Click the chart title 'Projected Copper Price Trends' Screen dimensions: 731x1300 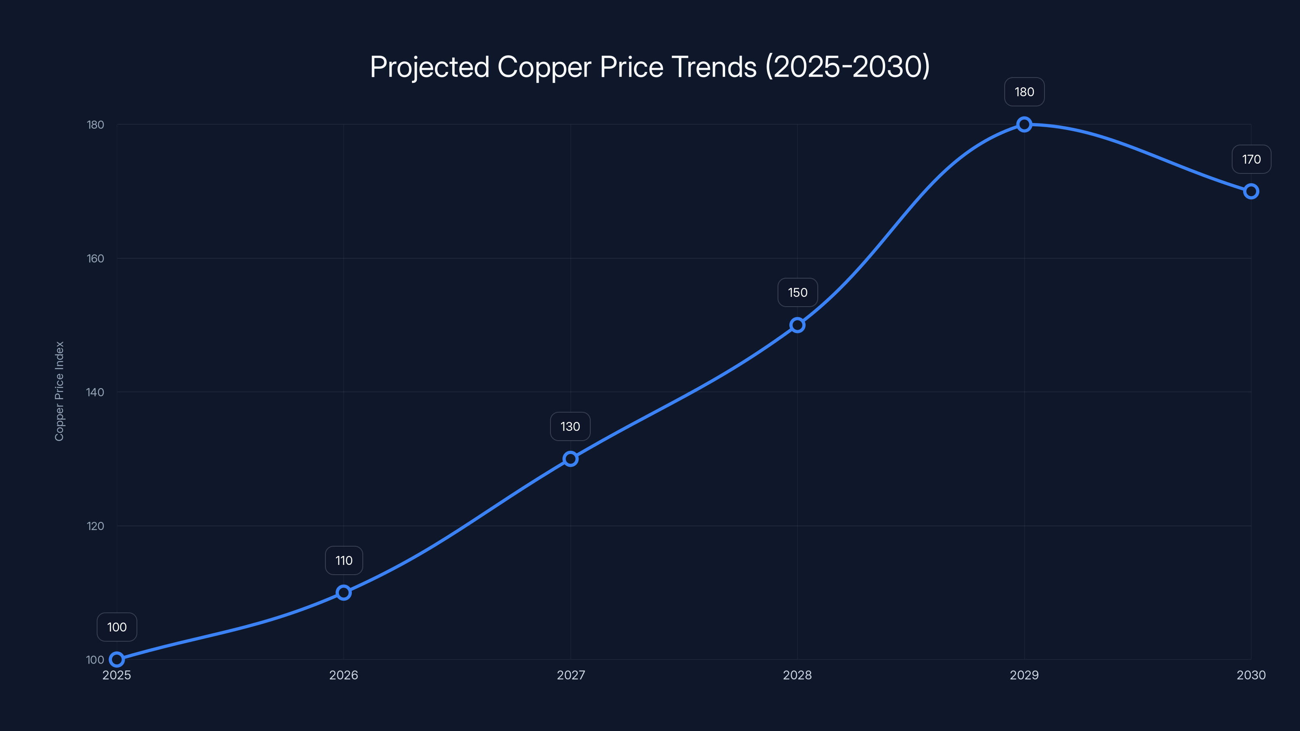[x=650, y=67]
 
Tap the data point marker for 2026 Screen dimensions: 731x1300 [x=344, y=592]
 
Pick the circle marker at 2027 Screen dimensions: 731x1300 [x=570, y=458]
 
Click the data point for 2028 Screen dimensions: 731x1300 [x=797, y=325]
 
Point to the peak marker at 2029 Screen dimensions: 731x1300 [x=1024, y=124]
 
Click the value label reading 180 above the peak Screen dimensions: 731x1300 [x=1024, y=92]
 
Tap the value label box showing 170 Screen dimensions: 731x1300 [x=1251, y=160]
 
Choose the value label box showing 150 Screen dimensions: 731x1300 [x=797, y=292]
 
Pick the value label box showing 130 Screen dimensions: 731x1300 [x=570, y=426]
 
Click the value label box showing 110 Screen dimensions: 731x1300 [x=344, y=560]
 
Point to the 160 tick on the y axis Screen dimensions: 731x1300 [x=95, y=258]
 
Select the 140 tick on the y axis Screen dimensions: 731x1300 [x=95, y=392]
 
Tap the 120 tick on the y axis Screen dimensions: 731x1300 [x=95, y=526]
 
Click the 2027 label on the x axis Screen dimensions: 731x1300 [x=570, y=675]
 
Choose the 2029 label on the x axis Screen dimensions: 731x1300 [x=1024, y=675]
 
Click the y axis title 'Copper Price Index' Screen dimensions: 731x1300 [x=59, y=391]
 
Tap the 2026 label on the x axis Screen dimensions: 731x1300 [x=344, y=675]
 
